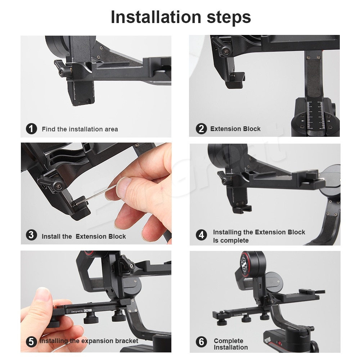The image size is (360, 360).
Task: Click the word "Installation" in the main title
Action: click(x=156, y=17)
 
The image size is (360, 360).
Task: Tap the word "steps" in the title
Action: click(x=229, y=17)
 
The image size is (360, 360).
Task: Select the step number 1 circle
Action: click(x=31, y=129)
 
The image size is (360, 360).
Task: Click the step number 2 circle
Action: click(x=201, y=129)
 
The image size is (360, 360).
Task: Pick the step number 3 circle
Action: click(x=31, y=235)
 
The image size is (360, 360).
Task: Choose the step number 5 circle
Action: click(x=31, y=342)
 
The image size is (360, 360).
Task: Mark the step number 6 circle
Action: click(x=201, y=342)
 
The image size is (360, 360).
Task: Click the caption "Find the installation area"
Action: click(x=80, y=129)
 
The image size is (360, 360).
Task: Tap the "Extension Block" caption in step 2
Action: click(x=235, y=129)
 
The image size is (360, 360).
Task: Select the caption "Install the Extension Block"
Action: click(x=84, y=237)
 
